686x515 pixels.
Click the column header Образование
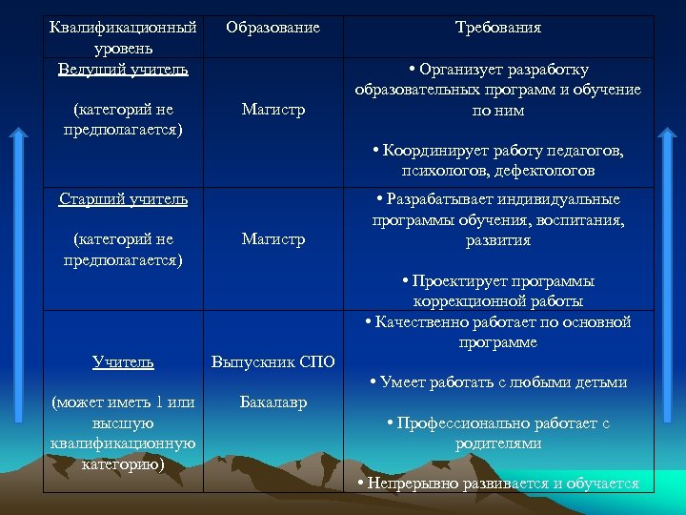tap(272, 28)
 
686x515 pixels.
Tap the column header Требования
tap(498, 28)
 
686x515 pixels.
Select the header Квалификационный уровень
tap(123, 37)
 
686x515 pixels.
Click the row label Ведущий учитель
tap(123, 69)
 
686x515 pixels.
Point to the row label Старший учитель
tap(123, 199)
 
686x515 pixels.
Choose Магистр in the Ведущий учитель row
tap(273, 110)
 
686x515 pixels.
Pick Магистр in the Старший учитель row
tap(273, 239)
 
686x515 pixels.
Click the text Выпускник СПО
tap(272, 362)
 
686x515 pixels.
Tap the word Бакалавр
tap(273, 402)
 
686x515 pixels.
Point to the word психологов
tap(439, 171)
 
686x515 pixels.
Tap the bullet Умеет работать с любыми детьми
tap(498, 382)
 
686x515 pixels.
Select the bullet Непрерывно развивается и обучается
tap(498, 484)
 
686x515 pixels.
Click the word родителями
tap(498, 443)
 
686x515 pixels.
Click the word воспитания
tap(582, 220)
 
